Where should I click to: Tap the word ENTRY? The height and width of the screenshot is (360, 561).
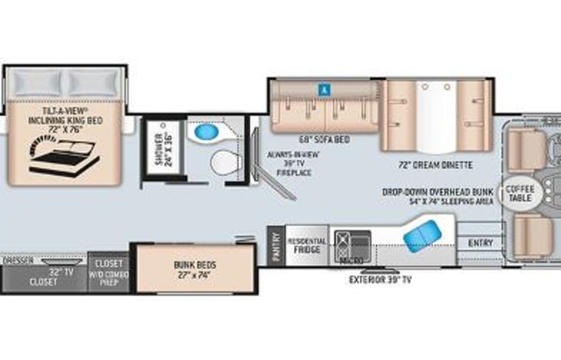(480, 243)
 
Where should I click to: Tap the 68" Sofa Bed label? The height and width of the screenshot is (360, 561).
(325, 140)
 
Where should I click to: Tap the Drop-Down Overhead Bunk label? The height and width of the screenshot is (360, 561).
(441, 197)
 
